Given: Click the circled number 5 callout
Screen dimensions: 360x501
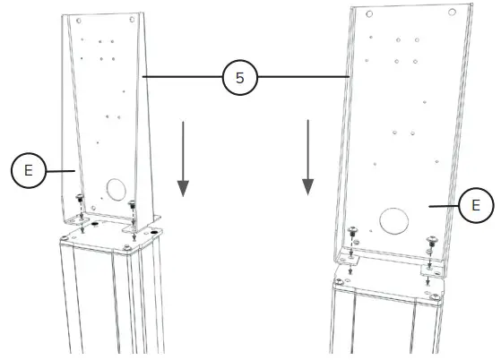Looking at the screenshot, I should pos(239,79).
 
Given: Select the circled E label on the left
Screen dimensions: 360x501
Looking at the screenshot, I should pos(29,170).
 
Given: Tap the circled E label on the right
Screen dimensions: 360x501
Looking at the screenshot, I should pos(475,205).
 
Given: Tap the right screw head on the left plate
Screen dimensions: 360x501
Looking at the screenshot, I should pos(133,203).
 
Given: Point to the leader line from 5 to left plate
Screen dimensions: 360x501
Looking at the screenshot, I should pos(182,79).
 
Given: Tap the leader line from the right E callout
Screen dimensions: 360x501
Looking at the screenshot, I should pos(443,205).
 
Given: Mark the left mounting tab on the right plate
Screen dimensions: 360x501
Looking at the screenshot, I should pos(349,257).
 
